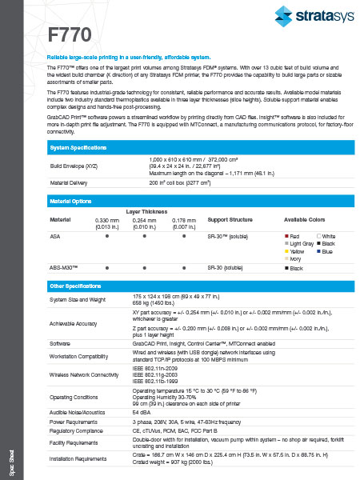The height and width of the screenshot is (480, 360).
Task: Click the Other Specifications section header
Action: tap(75, 286)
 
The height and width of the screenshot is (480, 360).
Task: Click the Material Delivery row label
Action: tap(70, 182)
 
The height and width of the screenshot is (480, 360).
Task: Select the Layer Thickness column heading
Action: tap(147, 211)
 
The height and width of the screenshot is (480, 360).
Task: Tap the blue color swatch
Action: tap(318, 251)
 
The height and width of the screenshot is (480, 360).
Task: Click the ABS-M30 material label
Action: tap(63, 269)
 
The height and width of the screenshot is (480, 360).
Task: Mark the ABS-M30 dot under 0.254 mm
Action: tap(145, 269)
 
